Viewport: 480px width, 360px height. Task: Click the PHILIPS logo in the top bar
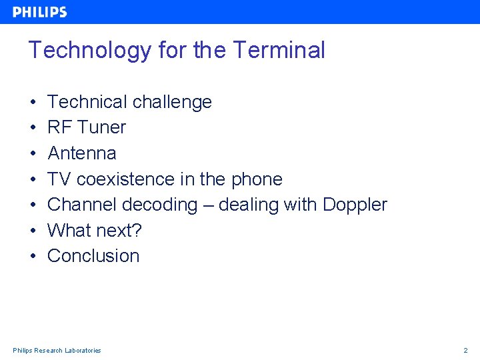pyautogui.click(x=40, y=12)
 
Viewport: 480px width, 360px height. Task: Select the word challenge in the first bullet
pyautogui.click(x=172, y=102)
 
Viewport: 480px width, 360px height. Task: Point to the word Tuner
pyautogui.click(x=101, y=127)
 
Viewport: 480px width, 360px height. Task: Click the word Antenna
pyautogui.click(x=82, y=153)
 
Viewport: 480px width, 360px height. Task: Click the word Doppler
pyautogui.click(x=355, y=205)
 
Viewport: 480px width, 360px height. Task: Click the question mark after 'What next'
pyautogui.click(x=137, y=231)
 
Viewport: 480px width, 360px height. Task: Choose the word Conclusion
pyautogui.click(x=93, y=256)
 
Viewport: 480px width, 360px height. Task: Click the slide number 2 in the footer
pyautogui.click(x=466, y=350)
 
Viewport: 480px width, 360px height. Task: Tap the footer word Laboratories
pyautogui.click(x=83, y=350)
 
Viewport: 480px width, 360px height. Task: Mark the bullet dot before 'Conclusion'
pyautogui.click(x=33, y=257)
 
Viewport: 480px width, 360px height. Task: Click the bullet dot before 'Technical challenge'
pyautogui.click(x=33, y=103)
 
